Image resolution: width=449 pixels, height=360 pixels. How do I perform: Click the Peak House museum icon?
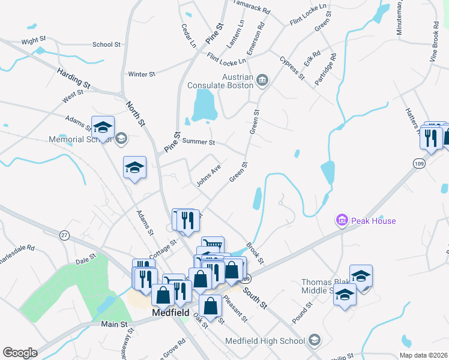342,221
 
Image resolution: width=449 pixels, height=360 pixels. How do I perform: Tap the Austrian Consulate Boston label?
226,81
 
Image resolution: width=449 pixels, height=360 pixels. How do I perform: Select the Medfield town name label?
171,313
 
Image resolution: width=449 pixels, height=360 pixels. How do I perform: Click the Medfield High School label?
265,341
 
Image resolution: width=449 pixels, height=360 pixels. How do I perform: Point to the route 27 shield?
64,235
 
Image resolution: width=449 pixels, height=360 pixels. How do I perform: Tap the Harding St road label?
73,79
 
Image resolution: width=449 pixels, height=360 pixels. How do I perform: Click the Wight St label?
34,40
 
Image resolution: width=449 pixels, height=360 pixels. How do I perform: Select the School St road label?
106,44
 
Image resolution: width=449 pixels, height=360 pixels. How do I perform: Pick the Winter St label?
142,74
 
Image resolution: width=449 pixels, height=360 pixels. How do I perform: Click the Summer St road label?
198,142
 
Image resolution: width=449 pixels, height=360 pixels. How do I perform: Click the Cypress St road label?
292,68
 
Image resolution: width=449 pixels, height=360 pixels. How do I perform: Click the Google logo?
20,353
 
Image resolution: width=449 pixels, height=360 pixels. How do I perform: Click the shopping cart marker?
212,244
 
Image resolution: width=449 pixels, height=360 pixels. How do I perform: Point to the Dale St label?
86,261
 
